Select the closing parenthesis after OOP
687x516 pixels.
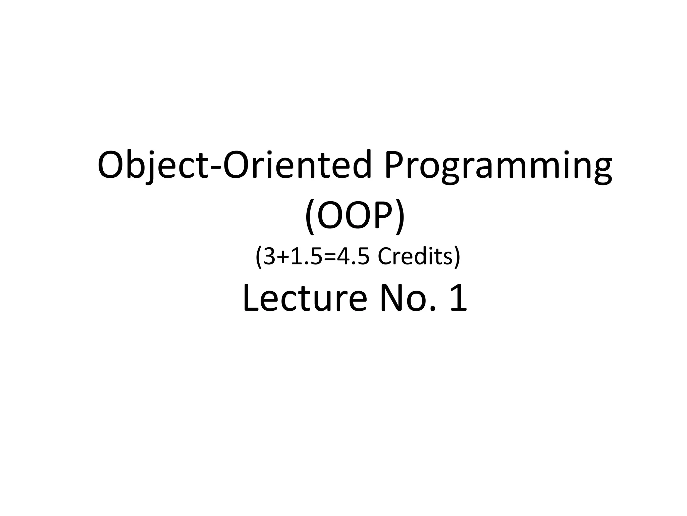400,217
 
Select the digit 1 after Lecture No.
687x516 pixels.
458,298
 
